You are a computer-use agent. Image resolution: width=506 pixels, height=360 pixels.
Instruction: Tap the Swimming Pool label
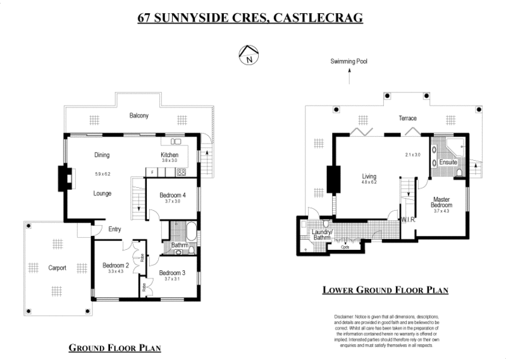[x=349, y=62]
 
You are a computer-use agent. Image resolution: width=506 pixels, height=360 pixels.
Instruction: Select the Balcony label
[x=139, y=116]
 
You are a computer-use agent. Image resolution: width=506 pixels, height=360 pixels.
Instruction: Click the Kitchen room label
[x=170, y=155]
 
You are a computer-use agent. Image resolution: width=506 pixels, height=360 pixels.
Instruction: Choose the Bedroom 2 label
[x=116, y=265]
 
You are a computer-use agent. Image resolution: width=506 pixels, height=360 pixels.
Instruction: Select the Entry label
[x=114, y=229]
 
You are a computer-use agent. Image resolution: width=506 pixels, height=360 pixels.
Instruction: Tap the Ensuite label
[x=448, y=163]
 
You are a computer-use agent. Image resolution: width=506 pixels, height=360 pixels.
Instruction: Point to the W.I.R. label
[x=407, y=220]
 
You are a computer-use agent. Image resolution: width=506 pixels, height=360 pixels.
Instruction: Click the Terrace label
[x=407, y=118]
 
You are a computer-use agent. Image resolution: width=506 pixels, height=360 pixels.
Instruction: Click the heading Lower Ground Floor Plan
[x=385, y=290]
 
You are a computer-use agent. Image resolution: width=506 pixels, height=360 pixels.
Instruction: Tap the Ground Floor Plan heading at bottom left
[x=114, y=348]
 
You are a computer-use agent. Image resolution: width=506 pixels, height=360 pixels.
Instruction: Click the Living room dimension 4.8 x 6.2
[x=369, y=183]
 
